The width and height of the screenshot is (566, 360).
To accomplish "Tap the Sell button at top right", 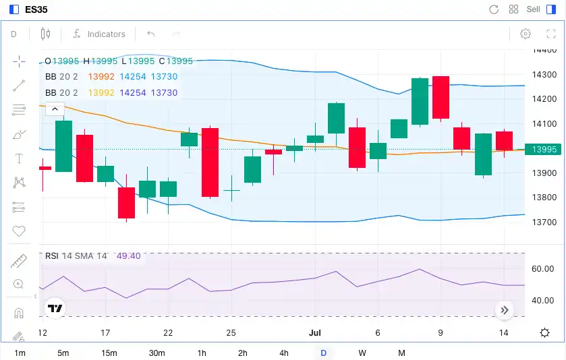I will click(533, 9).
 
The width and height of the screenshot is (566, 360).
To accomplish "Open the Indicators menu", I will click(99, 34).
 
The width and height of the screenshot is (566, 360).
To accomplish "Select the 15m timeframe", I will click(109, 353).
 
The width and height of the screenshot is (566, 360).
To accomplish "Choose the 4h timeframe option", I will click(283, 353).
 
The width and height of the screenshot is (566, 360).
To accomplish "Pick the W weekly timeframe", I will click(362, 353).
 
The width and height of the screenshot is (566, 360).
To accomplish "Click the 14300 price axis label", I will click(544, 75).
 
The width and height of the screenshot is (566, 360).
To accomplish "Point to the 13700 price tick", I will click(544, 222).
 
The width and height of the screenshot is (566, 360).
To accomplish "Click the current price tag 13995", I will click(544, 150).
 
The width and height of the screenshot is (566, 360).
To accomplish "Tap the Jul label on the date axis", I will click(314, 332).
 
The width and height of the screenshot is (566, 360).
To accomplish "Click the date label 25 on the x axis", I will click(231, 332).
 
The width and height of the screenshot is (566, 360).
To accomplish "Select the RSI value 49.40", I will click(128, 256).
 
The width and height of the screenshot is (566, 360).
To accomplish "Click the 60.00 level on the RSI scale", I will click(542, 269).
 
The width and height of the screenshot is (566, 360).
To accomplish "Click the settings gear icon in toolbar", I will click(526, 34).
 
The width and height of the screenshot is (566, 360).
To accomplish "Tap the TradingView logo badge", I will click(55, 308).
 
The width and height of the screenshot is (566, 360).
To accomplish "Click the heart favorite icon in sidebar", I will click(19, 231).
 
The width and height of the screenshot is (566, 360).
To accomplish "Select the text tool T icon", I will click(19, 158).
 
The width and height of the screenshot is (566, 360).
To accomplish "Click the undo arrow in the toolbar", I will click(151, 34).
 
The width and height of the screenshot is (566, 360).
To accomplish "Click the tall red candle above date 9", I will click(441, 97).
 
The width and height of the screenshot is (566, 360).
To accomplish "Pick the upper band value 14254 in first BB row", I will click(132, 77).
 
